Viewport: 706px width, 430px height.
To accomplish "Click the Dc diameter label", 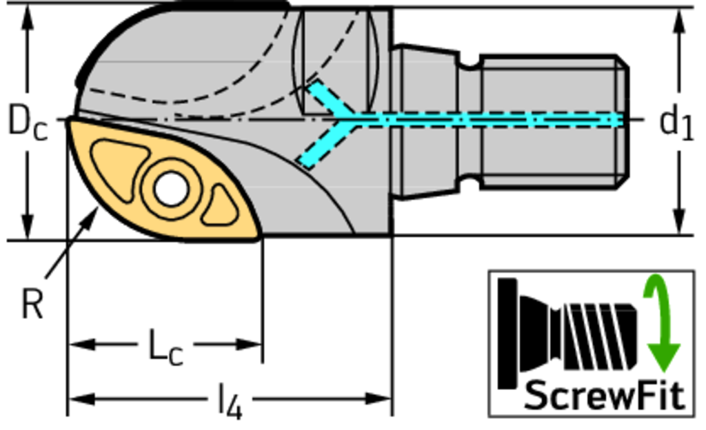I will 28,123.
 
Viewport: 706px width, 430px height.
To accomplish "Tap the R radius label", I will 31,304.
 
